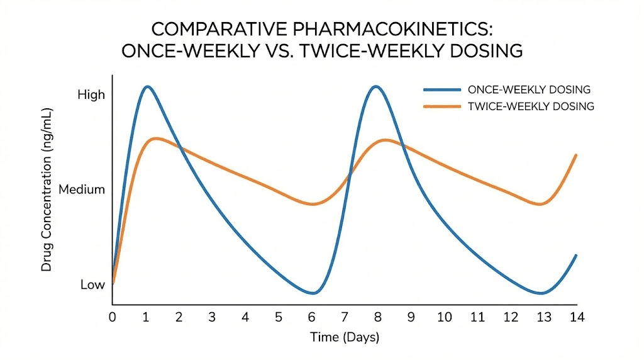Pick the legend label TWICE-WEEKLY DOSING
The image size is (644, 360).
(x=531, y=106)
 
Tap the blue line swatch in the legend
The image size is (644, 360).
(x=443, y=89)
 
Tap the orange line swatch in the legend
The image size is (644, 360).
(x=443, y=106)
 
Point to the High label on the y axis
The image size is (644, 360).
(x=91, y=95)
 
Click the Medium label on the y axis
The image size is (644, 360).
(x=81, y=189)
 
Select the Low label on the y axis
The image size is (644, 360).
(x=92, y=284)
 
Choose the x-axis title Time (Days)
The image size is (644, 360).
(x=345, y=337)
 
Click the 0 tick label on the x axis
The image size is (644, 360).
(x=113, y=317)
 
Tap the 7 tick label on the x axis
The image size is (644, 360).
(x=344, y=317)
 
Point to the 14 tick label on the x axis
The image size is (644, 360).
(x=576, y=317)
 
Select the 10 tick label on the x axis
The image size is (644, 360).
(x=444, y=317)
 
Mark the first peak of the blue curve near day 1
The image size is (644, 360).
(x=147, y=86)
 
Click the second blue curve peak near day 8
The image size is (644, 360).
(x=375, y=86)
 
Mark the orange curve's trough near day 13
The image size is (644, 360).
(x=542, y=204)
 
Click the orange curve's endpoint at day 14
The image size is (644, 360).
(x=576, y=155)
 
